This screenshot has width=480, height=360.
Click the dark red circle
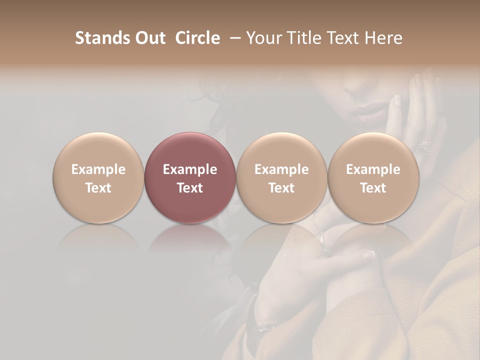190,177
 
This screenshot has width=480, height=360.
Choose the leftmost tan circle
98,177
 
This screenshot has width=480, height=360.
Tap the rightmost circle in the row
373,177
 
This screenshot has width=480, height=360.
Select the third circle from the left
281,177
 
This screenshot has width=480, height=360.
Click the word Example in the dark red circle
190,169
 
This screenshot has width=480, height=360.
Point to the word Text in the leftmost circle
98,187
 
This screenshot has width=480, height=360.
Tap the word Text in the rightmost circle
373,187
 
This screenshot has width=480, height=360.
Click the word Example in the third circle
281,169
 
